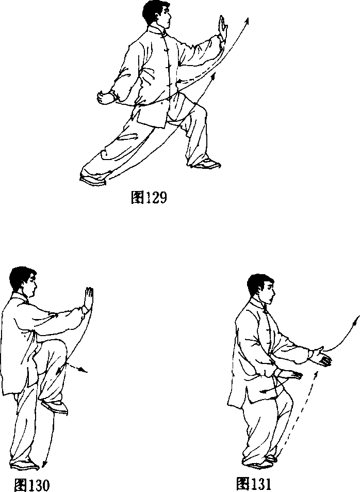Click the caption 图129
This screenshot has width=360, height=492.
(x=149, y=197)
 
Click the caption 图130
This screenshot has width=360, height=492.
(x=31, y=485)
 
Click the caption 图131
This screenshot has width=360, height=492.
(x=253, y=484)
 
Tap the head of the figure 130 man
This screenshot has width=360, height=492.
(x=23, y=281)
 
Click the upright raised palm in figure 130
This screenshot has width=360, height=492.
(x=89, y=299)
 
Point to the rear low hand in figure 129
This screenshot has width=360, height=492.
(x=105, y=97)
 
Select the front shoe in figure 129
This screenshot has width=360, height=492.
(x=206, y=164)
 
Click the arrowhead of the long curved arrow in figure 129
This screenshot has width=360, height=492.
(x=247, y=21)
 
